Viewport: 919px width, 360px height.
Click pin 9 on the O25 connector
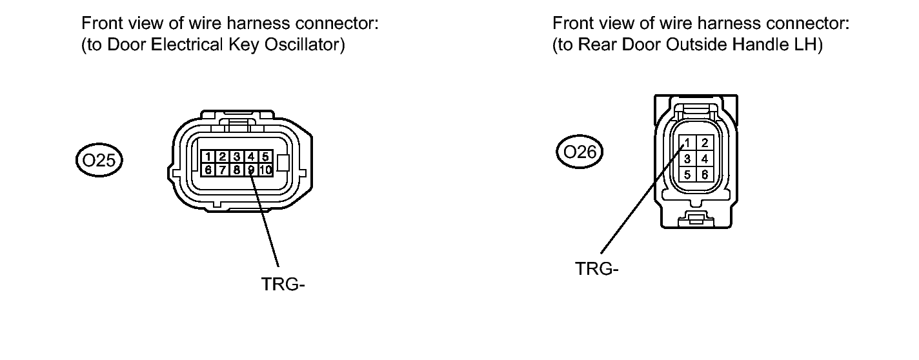[x=251, y=170]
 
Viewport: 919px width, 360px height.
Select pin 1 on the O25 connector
[x=208, y=157]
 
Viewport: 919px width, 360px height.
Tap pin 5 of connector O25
[x=265, y=157]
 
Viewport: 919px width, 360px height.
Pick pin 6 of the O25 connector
[x=208, y=170]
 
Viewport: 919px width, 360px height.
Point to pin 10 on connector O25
[x=265, y=170]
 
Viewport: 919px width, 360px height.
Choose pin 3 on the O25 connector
[x=237, y=157]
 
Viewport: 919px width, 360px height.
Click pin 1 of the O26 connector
[x=689, y=143]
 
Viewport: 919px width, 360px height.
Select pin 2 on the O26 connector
[x=705, y=143]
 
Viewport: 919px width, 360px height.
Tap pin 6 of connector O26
[x=705, y=174]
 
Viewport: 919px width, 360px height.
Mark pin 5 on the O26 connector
[x=689, y=174]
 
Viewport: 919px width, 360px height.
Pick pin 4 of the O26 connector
[x=705, y=158]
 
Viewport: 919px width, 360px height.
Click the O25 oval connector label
[x=99, y=159]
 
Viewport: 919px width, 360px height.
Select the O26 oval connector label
[x=579, y=152]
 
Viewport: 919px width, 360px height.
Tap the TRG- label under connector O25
[x=282, y=284]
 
